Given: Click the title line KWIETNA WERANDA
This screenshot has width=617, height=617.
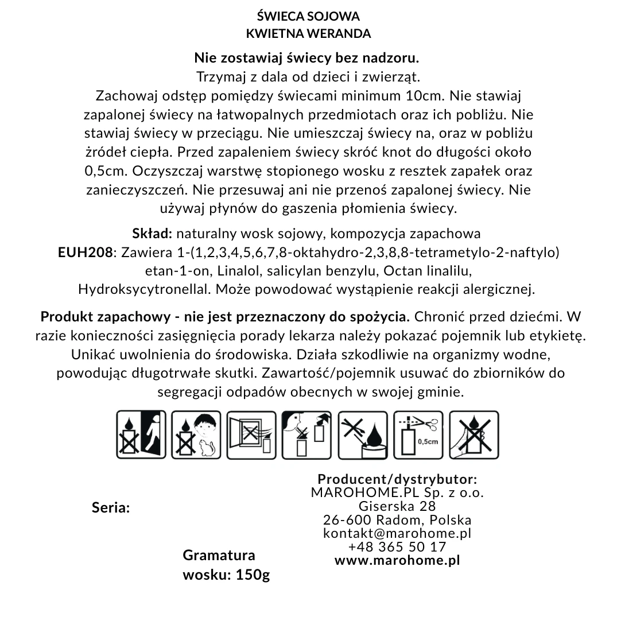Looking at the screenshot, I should (308, 33).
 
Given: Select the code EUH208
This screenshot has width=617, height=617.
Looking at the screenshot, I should (85, 253).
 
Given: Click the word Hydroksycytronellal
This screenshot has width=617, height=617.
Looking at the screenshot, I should (145, 289).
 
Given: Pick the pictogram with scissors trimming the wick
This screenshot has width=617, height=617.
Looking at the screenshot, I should (419, 434).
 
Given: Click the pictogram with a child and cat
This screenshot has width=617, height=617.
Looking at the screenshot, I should (196, 434).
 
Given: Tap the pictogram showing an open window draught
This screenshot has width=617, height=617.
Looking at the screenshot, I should (252, 434).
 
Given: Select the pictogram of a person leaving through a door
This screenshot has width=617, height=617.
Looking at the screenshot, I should (141, 434).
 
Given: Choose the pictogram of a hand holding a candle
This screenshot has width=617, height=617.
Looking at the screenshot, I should (474, 434).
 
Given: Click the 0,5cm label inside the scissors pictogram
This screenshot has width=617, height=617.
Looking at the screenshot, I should (428, 441).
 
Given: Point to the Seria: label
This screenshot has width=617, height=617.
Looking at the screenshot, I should (111, 508).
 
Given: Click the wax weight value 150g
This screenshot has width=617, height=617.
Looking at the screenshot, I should (253, 575).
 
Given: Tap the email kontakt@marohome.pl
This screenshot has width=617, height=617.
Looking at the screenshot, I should (397, 533).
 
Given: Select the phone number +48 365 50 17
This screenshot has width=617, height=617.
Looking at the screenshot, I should (397, 546).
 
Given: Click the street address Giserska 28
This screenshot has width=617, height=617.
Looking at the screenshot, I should (397, 506).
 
